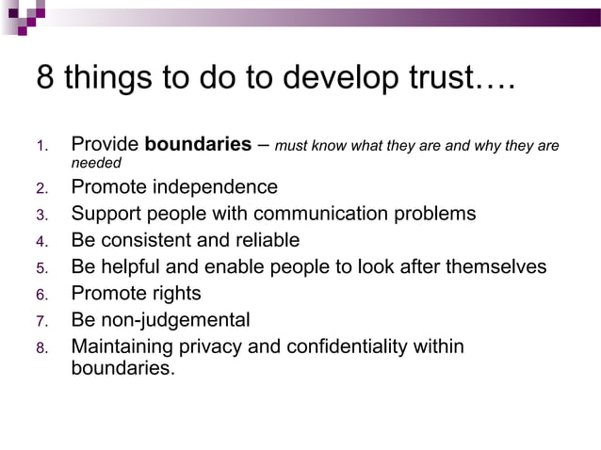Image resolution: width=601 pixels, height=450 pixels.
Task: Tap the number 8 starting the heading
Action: click(x=44, y=77)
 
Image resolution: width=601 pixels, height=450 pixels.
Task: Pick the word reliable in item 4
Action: click(x=264, y=240)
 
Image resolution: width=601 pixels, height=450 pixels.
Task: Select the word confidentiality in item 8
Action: click(x=358, y=346)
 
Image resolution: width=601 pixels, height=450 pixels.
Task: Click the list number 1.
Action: click(x=41, y=147)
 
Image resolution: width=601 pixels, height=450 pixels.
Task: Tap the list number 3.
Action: click(x=41, y=215)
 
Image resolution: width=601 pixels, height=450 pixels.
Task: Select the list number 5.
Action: click(x=41, y=268)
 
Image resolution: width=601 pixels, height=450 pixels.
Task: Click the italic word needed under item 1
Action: click(x=96, y=164)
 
